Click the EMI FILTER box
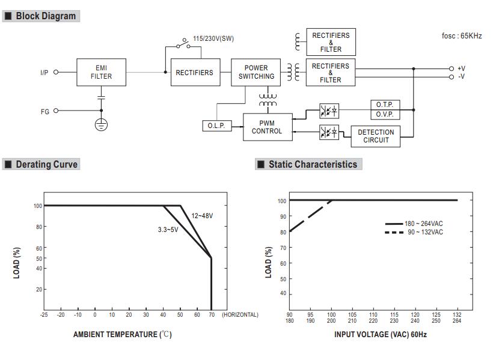point(101,72)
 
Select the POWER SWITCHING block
point(256,72)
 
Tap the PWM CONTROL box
point(267,127)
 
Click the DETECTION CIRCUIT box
point(376,136)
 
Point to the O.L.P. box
point(216,126)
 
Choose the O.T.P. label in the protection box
point(384,105)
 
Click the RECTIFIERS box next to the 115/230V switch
point(194,72)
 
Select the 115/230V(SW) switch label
point(213,38)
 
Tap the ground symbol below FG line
point(102,125)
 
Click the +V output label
point(461,69)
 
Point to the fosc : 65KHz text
point(462,36)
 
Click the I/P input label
point(44,72)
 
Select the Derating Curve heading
point(46,164)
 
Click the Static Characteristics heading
point(312,164)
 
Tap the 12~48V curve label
point(202,216)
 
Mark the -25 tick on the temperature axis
point(44,314)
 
